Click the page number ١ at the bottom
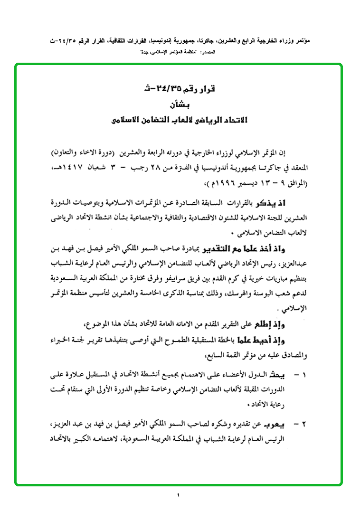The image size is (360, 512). pyautogui.click(x=179, y=496)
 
